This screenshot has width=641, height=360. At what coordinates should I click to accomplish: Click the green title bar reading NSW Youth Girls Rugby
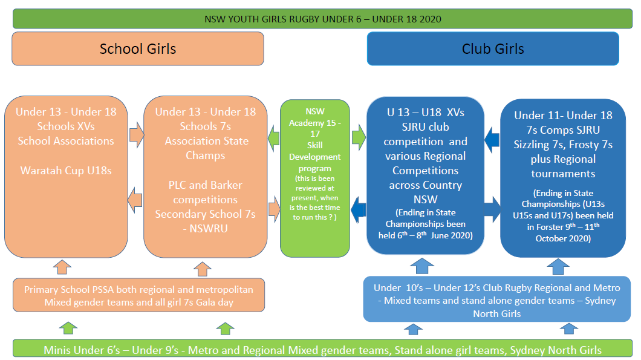pyautogui.click(x=323, y=19)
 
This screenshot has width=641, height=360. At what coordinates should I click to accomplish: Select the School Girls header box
pyautogui.click(x=138, y=48)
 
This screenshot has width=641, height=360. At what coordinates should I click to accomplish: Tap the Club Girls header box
pyautogui.click(x=493, y=48)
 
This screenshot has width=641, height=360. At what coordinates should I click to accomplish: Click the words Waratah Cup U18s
pyautogui.click(x=66, y=170)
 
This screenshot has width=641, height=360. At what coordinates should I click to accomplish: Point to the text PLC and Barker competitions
pyautogui.click(x=206, y=192)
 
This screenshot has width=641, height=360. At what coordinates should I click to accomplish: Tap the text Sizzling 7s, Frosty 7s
pyautogui.click(x=563, y=145)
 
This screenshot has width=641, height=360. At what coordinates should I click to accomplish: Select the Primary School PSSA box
pyautogui.click(x=138, y=295)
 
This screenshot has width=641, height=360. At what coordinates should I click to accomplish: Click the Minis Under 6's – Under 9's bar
pyautogui.click(x=322, y=350)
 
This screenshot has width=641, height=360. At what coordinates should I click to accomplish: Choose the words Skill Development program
pyautogui.click(x=314, y=157)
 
